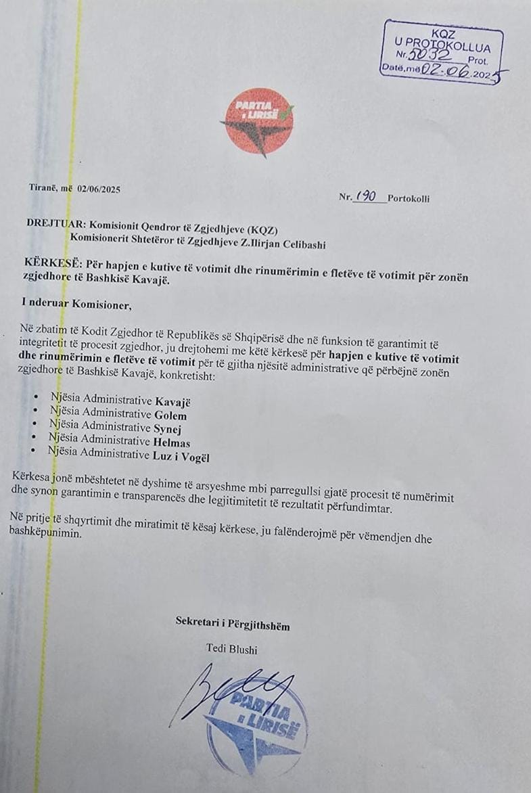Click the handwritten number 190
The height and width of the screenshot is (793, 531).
pos(366,197)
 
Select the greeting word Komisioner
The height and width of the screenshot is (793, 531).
pos(101,305)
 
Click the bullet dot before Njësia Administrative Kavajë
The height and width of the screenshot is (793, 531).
pos(37,399)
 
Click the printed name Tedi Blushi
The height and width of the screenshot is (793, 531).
pos(231,650)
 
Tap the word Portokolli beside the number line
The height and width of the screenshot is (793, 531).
pos(409,199)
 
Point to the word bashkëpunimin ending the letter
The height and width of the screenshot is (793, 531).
pos(45,532)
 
